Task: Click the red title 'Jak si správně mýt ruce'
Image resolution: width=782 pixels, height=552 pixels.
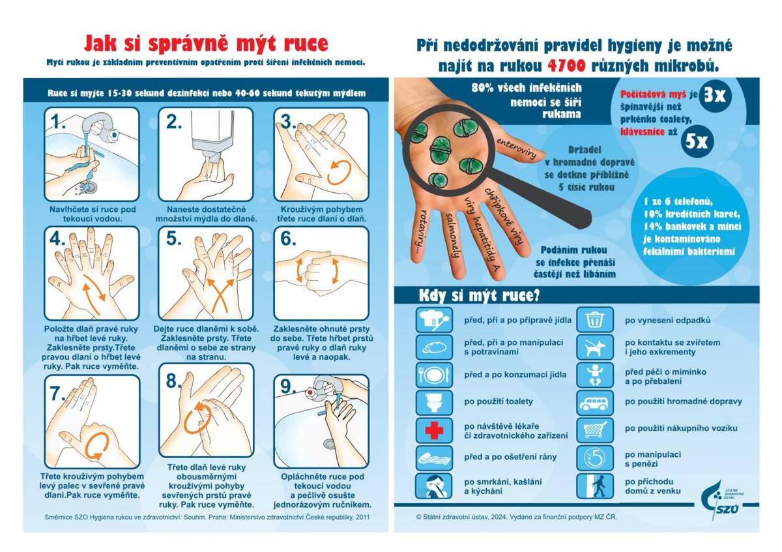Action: tap(206, 44)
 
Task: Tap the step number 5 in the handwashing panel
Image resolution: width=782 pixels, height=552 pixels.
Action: tap(173, 239)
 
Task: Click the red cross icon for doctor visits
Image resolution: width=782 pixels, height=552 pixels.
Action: tap(433, 430)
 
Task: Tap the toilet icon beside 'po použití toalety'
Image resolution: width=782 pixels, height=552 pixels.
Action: tap(433, 402)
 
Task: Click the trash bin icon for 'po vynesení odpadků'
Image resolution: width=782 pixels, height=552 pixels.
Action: tap(594, 320)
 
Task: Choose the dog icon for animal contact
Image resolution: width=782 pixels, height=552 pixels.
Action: tap(594, 347)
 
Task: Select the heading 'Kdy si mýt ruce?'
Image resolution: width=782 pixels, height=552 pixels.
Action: tap(478, 295)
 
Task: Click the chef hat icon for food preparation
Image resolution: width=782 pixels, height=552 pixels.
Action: tap(433, 320)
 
